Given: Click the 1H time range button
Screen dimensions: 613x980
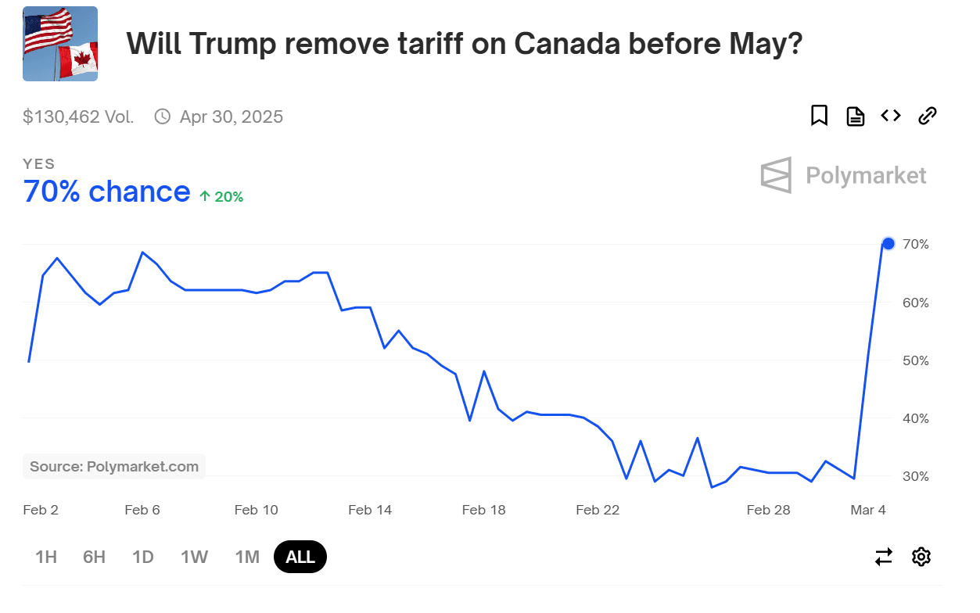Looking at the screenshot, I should click(x=46, y=557).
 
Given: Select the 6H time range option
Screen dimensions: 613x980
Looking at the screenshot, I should click(x=94, y=557).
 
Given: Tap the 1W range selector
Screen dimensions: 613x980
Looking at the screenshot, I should click(x=194, y=557).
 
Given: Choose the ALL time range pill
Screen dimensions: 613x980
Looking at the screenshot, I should click(x=300, y=557).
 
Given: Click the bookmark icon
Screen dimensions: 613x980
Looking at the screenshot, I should click(x=819, y=116).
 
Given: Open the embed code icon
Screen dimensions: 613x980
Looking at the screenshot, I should click(x=891, y=116).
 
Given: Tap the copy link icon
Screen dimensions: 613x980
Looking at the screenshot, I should click(x=927, y=116).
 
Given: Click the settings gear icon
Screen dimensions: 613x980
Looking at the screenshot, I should click(x=921, y=557).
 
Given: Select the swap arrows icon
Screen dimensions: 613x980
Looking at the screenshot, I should click(x=884, y=557).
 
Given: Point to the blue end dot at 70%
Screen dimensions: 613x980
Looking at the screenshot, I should click(x=888, y=243).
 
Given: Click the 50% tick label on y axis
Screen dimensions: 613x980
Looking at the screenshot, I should click(x=915, y=360).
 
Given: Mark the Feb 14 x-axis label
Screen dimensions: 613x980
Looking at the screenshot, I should click(x=370, y=510).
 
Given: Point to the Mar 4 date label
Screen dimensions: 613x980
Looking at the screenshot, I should click(x=868, y=510).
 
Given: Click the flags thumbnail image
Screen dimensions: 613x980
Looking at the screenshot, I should click(x=60, y=44).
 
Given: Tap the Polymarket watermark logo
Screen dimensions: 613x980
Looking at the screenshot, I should click(x=843, y=175).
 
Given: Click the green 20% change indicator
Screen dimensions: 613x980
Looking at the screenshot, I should click(x=221, y=197).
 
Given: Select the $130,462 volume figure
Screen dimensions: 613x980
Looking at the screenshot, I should click(x=78, y=117).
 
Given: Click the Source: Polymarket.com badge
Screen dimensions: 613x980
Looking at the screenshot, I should click(x=114, y=467).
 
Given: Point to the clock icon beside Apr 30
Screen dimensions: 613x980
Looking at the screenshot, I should click(x=163, y=117).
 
